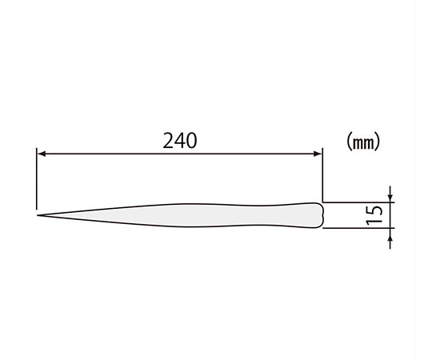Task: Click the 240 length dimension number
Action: pyautogui.click(x=180, y=141)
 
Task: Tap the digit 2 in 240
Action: pyautogui.click(x=168, y=141)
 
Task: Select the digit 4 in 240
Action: pyautogui.click(x=180, y=141)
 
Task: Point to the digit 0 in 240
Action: pyautogui.click(x=192, y=141)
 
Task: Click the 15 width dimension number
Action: pyautogui.click(x=375, y=215)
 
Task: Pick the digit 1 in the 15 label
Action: pyautogui.click(x=375, y=221)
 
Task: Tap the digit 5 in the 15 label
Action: pyautogui.click(x=375, y=210)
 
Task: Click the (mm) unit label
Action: pyautogui.click(x=363, y=142)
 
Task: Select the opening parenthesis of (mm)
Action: pyautogui.click(x=349, y=142)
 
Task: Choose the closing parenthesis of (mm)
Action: pyautogui.click(x=377, y=142)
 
